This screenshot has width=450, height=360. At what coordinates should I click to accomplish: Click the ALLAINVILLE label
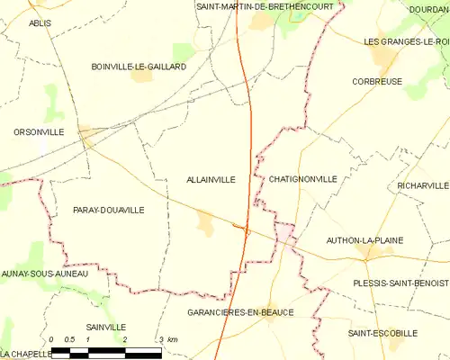pyautogui.click(x=211, y=179)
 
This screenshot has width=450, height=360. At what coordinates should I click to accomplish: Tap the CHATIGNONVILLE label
pyautogui.click(x=302, y=179)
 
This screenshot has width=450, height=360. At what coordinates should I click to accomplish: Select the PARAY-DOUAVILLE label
pyautogui.click(x=108, y=210)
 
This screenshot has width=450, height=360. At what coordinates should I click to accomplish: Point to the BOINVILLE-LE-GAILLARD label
pyautogui.click(x=139, y=67)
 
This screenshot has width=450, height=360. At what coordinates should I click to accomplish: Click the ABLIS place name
pyautogui.click(x=40, y=23)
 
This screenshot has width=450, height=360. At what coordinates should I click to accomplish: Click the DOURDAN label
pyautogui.click(x=429, y=9)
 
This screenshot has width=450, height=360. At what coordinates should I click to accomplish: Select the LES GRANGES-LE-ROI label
pyautogui.click(x=406, y=42)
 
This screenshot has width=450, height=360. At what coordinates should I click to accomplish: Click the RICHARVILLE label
pyautogui.click(x=422, y=185)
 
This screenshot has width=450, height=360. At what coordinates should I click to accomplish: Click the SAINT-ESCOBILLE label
pyautogui.click(x=382, y=333)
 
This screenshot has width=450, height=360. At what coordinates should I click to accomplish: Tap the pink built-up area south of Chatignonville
pyautogui.click(x=285, y=233)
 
